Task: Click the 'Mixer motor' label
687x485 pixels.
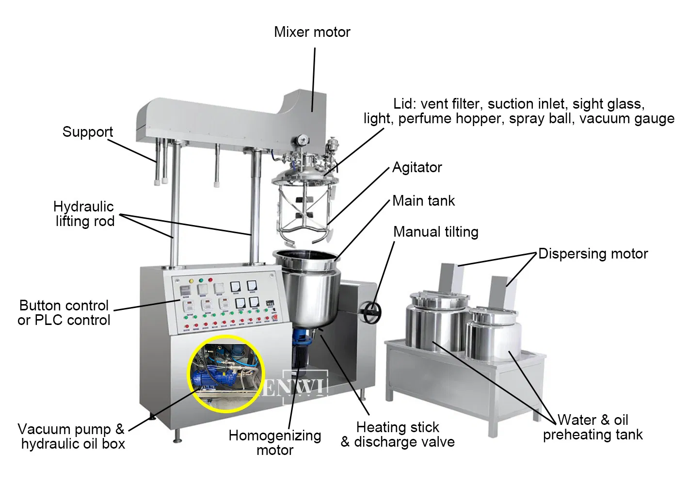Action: coord(312,32)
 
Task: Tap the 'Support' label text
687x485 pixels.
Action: coord(88,132)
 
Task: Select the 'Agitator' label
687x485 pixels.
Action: coord(417,167)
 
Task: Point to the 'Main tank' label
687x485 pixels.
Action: coord(424,201)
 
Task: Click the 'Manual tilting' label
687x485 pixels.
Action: coord(436,232)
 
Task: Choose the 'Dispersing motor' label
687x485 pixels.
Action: coord(593,254)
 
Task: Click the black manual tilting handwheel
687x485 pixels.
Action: coord(372,313)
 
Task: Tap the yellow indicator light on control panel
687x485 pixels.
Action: coord(192,281)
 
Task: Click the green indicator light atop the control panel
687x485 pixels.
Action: coord(201,280)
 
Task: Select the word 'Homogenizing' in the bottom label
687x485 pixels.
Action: coord(275,436)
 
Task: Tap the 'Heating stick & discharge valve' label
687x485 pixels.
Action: coord(398,435)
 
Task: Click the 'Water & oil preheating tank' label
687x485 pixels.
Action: coord(592,427)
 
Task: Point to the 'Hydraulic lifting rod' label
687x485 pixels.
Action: coord(84,214)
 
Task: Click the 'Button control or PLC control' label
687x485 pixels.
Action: coord(64,313)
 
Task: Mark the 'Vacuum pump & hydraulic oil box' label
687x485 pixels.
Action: coord(72,436)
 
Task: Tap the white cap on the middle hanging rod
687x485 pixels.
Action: coord(217,184)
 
